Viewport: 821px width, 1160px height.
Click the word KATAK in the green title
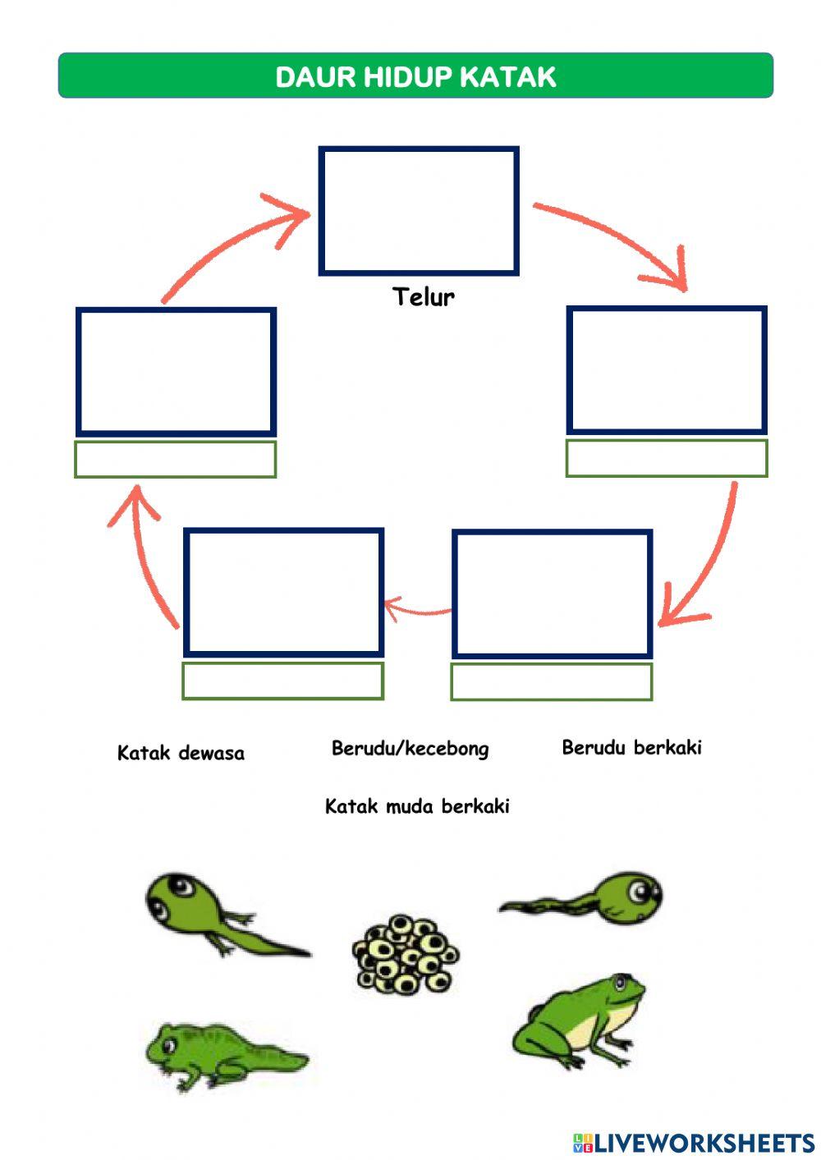(x=507, y=77)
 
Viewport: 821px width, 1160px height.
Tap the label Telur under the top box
(x=423, y=297)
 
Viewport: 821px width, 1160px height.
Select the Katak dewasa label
(x=181, y=753)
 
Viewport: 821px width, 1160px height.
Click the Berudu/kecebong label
(x=410, y=749)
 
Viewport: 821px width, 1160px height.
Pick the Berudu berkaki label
(x=631, y=747)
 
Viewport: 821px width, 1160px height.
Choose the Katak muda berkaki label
(x=417, y=806)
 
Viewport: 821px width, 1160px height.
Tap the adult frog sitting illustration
(x=579, y=1020)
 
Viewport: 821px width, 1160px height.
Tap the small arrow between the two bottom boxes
(x=418, y=609)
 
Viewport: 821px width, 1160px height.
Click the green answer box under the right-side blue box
(x=667, y=458)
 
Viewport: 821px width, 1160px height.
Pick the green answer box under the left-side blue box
(x=176, y=460)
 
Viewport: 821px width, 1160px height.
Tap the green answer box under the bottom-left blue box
(x=282, y=681)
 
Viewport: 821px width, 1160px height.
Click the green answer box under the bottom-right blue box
(x=552, y=681)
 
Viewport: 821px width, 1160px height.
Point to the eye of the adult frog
(x=620, y=981)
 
